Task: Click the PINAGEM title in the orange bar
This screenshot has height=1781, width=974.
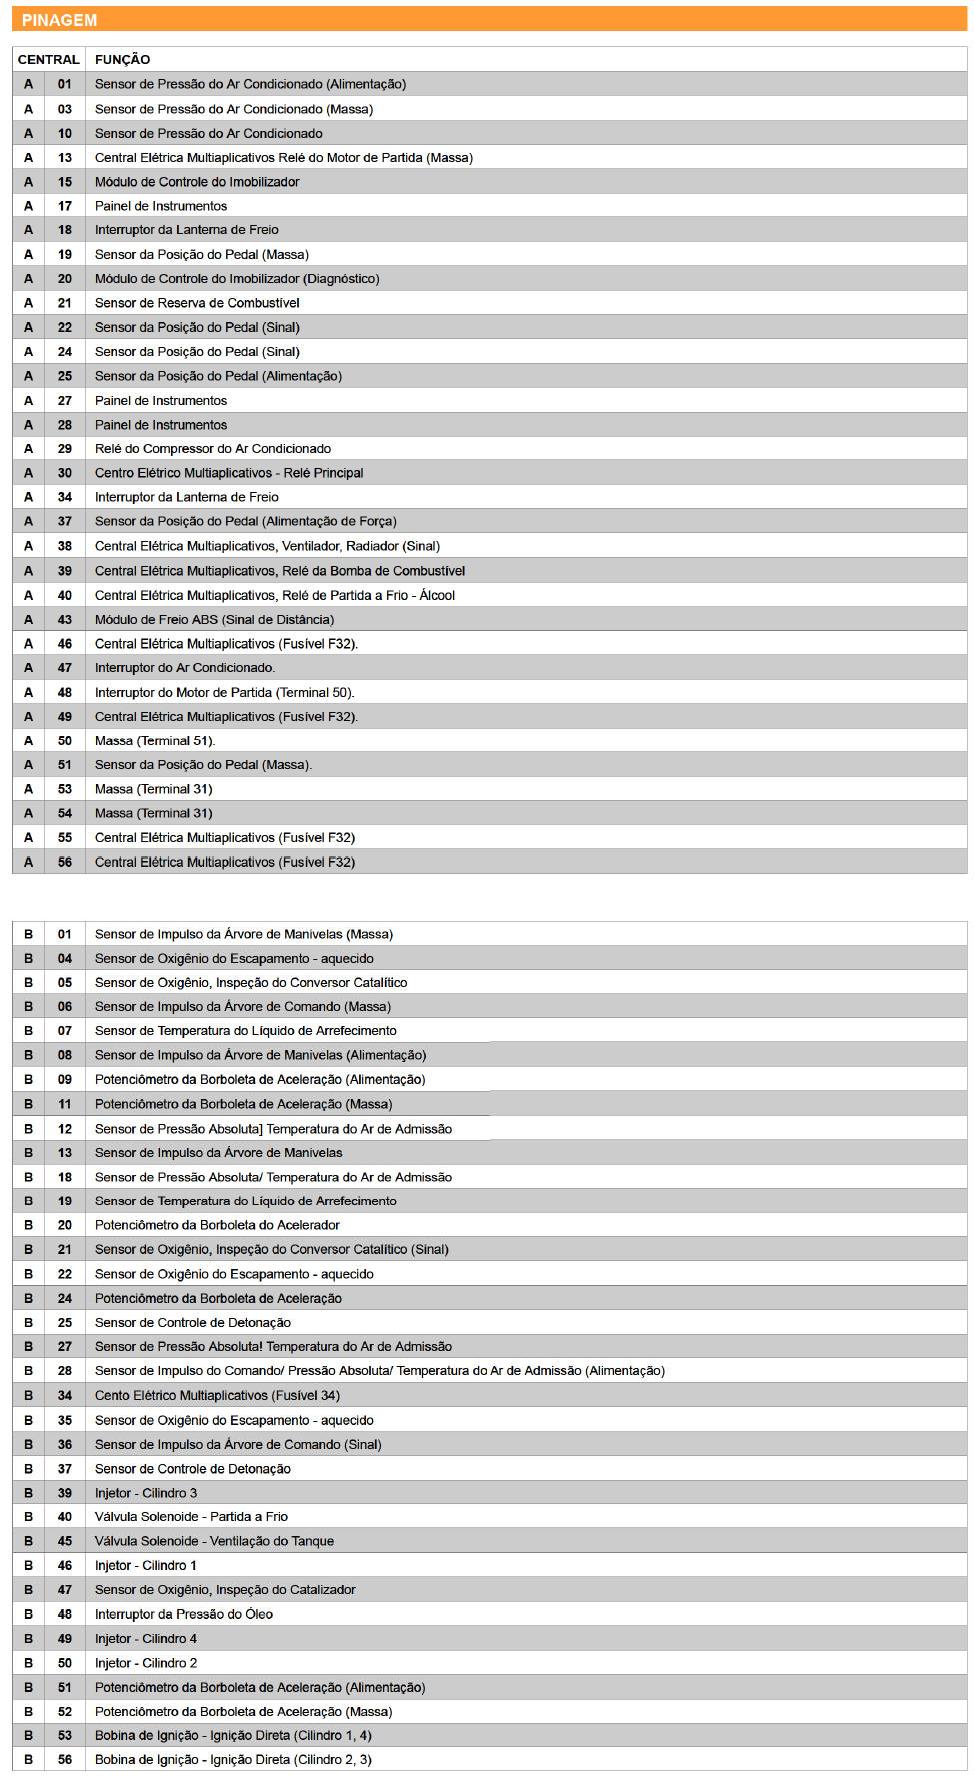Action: [x=59, y=20]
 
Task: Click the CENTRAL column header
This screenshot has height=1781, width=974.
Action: [x=48, y=60]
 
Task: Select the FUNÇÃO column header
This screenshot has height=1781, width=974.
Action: [x=122, y=60]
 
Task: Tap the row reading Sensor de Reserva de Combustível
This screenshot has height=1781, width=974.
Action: [x=197, y=303]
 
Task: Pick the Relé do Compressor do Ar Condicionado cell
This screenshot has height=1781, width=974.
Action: [x=212, y=449]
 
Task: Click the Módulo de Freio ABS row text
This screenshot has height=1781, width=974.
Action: [x=214, y=620]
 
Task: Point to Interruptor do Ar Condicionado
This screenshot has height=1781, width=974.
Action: [x=185, y=668]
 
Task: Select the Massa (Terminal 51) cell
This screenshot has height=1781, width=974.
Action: [x=155, y=741]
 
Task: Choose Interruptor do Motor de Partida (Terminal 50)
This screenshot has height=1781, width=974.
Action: [x=224, y=692]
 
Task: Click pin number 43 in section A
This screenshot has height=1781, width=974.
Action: [x=65, y=620]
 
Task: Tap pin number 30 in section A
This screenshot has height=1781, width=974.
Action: [x=65, y=473]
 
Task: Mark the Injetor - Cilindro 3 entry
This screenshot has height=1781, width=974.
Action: [x=146, y=1493]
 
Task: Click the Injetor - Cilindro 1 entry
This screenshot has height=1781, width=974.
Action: [x=146, y=1566]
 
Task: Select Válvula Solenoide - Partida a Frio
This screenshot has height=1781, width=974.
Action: [x=191, y=1517]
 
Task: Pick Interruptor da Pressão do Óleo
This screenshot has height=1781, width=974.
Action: [x=184, y=1614]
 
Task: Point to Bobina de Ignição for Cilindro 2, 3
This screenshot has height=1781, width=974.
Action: [x=233, y=1760]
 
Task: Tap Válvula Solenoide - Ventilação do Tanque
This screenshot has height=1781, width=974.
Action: [x=214, y=1541]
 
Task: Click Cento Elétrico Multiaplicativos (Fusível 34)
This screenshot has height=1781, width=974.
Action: [x=217, y=1396]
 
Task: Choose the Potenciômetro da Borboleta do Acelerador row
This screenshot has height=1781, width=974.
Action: [x=217, y=1225]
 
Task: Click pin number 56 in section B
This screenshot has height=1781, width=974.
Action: [x=65, y=1760]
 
